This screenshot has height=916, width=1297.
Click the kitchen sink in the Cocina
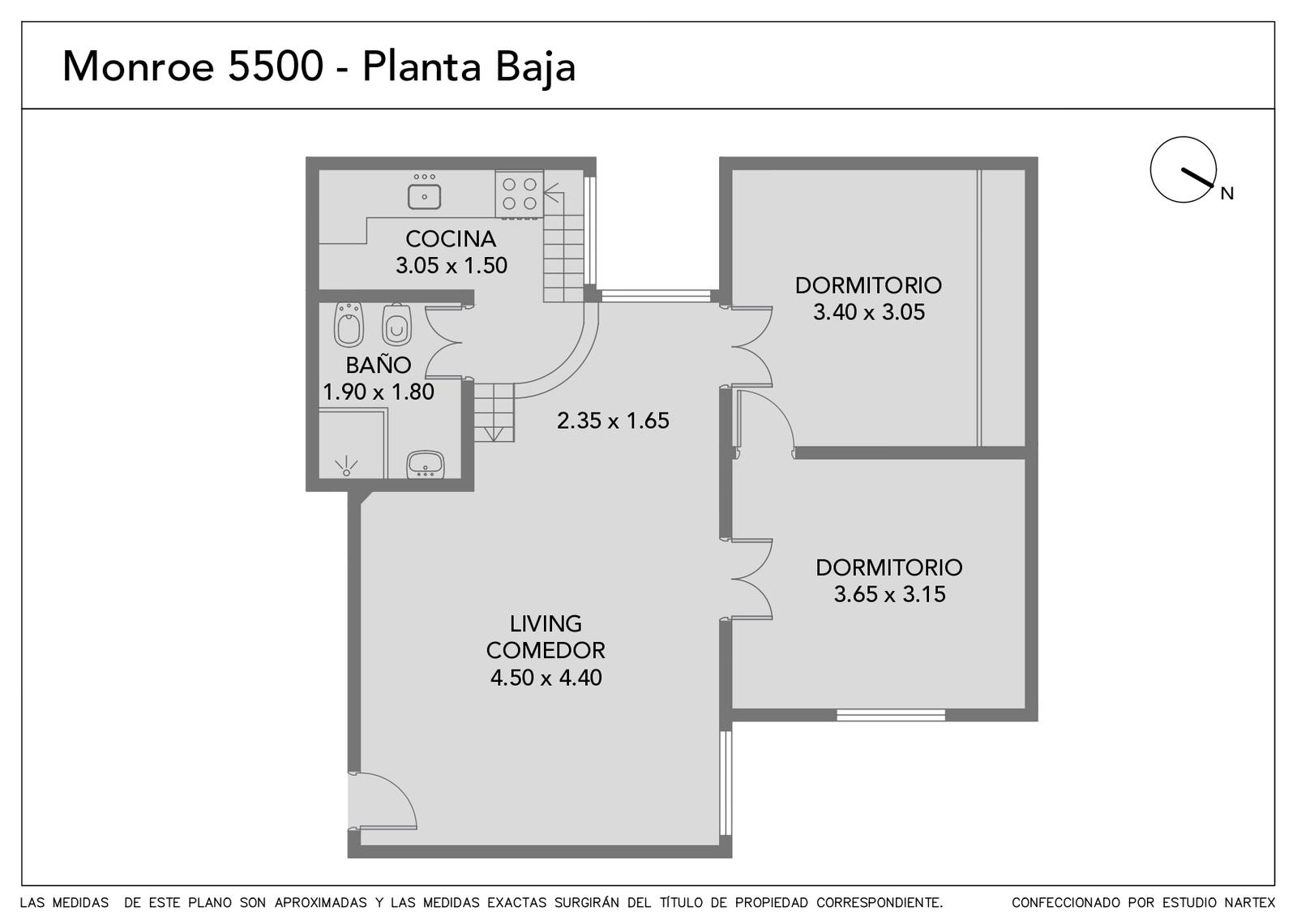click(425, 196)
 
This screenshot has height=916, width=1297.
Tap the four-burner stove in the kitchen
click(520, 194)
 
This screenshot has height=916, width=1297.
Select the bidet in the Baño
click(349, 324)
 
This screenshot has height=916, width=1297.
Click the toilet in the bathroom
click(396, 324)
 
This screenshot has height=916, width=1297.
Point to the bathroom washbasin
click(426, 465)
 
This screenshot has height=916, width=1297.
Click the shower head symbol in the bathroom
click(346, 467)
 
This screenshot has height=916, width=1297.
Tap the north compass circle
click(1183, 169)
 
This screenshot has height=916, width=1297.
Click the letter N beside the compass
click(1227, 194)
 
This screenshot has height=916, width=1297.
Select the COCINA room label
click(451, 238)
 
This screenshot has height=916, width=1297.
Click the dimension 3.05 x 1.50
click(452, 266)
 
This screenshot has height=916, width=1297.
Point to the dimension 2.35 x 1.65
click(613, 421)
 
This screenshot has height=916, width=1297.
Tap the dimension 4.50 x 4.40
click(546, 678)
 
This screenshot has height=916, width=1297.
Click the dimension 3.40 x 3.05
click(869, 313)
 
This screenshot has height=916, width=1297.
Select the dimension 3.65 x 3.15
click(889, 595)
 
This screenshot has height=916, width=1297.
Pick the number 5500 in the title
click(275, 66)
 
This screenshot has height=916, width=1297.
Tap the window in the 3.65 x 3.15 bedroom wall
click(891, 715)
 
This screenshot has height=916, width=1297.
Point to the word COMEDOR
click(546, 650)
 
